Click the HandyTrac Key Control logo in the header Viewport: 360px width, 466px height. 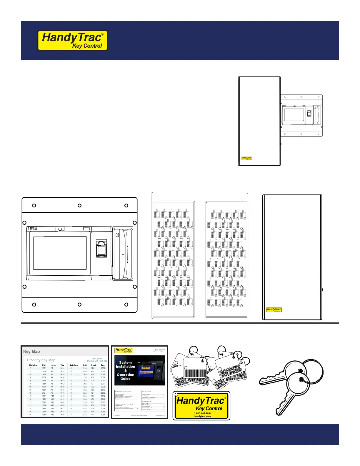coord(73,40)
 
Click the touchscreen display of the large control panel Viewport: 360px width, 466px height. coord(60,253)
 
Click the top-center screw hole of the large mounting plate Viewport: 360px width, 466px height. coord(79,206)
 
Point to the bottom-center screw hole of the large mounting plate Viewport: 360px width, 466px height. coord(79,304)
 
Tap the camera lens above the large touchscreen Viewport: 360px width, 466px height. coord(60,229)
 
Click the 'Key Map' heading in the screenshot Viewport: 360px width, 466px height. coord(31,352)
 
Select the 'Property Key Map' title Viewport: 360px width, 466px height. coord(41,360)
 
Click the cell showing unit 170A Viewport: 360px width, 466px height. coord(44,368)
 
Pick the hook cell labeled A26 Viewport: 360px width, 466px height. coord(93,368)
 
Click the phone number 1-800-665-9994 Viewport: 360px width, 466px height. coord(203,413)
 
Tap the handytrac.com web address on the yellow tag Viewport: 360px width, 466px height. coord(203,417)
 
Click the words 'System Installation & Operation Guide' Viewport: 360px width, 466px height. coord(125,371)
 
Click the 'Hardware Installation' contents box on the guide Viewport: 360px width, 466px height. coord(126,397)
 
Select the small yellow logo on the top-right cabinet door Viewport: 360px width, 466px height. coord(246,158)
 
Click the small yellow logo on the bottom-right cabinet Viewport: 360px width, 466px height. coord(274,309)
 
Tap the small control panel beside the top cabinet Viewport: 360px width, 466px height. coord(301,115)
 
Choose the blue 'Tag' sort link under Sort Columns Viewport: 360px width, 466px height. coord(106,361)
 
